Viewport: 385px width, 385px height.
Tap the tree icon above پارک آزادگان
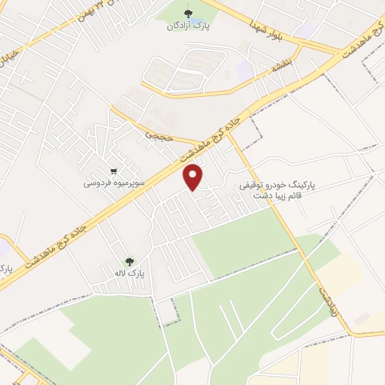click(188, 14)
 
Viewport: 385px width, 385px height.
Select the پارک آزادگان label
click(187, 26)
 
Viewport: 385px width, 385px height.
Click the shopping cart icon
click(113, 171)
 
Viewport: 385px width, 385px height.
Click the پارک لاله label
click(129, 274)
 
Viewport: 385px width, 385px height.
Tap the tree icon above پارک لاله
click(130, 262)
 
